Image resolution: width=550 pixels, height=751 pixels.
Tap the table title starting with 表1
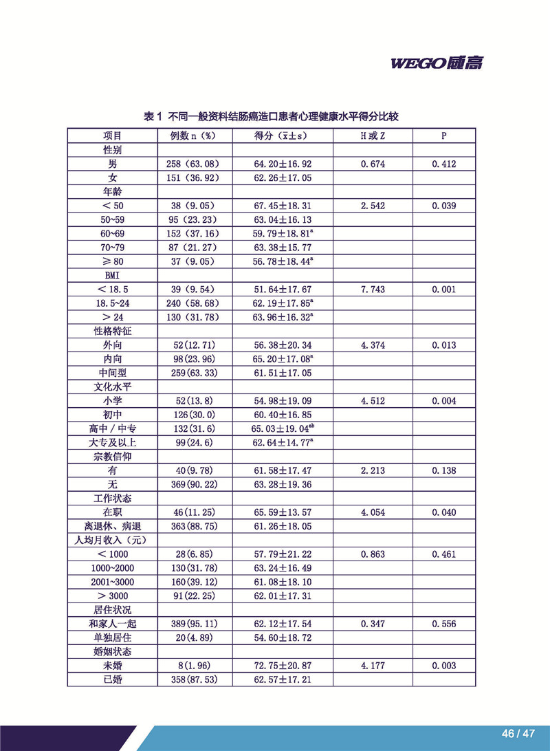click(x=271, y=117)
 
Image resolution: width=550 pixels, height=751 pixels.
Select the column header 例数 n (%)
click(x=194, y=135)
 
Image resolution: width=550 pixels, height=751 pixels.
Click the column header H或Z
click(x=373, y=135)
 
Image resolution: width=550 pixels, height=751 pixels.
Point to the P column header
click(x=444, y=135)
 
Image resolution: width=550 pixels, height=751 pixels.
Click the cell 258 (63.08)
click(x=194, y=164)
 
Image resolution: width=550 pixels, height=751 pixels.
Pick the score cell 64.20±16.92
click(x=282, y=164)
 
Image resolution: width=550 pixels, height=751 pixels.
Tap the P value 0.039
click(x=444, y=206)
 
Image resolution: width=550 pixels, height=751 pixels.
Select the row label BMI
click(x=112, y=276)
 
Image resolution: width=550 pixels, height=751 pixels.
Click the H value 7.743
click(x=373, y=290)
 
